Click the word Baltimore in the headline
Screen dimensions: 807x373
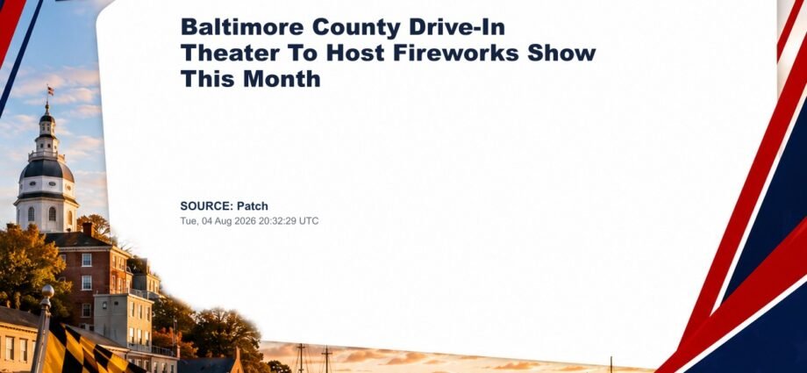242,27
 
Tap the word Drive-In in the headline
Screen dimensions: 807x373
457,27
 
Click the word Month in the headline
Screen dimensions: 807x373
282,79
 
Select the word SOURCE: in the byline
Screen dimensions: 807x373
206,206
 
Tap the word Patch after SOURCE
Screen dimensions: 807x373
253,206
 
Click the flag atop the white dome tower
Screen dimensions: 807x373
50,91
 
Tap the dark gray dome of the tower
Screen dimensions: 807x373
46,169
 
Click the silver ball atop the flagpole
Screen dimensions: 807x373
47,291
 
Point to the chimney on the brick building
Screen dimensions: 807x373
89,229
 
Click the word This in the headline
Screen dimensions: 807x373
207,79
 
